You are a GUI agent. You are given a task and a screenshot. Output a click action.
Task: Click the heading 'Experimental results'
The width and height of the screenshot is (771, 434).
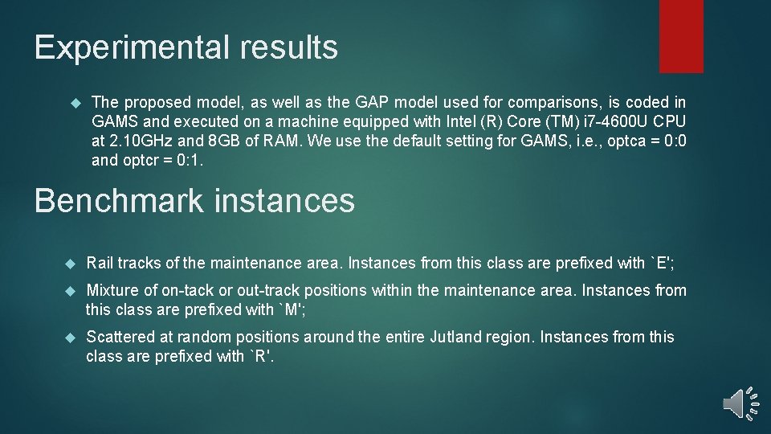point(186,48)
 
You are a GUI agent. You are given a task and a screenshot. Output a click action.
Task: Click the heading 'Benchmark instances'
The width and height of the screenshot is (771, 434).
point(194,200)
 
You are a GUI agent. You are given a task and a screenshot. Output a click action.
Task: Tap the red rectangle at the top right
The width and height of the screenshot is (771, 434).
point(680,35)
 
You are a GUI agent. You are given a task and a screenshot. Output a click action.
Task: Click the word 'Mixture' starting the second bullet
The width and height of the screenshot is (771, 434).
point(112,290)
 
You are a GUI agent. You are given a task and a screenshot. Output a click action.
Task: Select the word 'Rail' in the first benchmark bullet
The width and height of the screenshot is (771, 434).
point(100,263)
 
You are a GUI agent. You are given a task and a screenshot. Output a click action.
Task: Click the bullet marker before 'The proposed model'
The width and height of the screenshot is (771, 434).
point(76,103)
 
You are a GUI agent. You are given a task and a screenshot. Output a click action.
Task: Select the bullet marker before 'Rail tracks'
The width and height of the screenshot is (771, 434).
point(70,264)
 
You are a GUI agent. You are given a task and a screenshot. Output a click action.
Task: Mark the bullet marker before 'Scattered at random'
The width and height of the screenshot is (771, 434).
point(70,338)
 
